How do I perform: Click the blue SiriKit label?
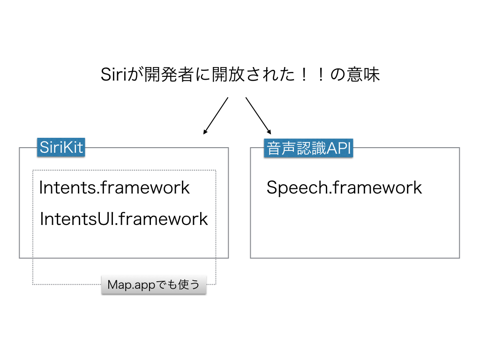click(x=61, y=148)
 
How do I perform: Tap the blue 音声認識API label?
click(x=308, y=149)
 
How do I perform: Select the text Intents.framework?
click(x=114, y=187)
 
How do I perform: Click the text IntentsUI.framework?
click(x=124, y=219)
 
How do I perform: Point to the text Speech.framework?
click(x=344, y=187)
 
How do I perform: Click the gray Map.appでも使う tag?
click(x=154, y=285)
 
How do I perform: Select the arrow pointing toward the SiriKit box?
click(x=216, y=116)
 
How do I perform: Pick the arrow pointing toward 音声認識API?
click(x=258, y=115)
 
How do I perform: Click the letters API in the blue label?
click(x=338, y=149)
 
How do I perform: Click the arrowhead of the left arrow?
click(x=205, y=133)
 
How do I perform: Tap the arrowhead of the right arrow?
click(x=269, y=132)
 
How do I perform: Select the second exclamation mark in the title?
click(x=321, y=75)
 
